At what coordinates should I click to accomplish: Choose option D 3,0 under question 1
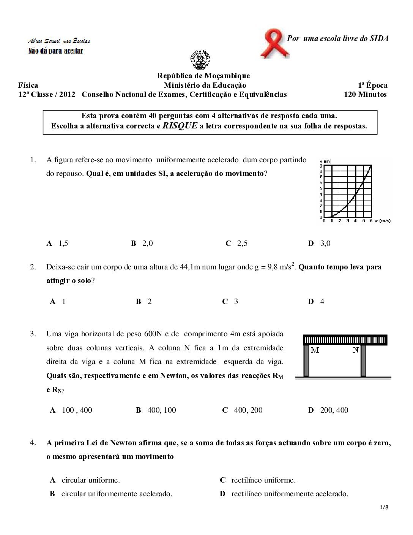(320, 244)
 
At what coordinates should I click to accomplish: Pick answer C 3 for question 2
(230, 302)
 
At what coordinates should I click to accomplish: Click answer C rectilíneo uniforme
(258, 480)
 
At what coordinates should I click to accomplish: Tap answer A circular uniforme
(85, 480)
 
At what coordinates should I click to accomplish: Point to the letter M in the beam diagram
(315, 350)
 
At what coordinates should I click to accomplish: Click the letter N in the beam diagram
(355, 350)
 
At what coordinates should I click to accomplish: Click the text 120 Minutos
(365, 95)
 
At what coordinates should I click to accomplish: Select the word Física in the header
(28, 85)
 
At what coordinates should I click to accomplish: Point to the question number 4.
(33, 442)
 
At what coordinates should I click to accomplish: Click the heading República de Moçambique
(203, 76)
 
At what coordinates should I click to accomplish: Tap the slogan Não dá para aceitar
(56, 51)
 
